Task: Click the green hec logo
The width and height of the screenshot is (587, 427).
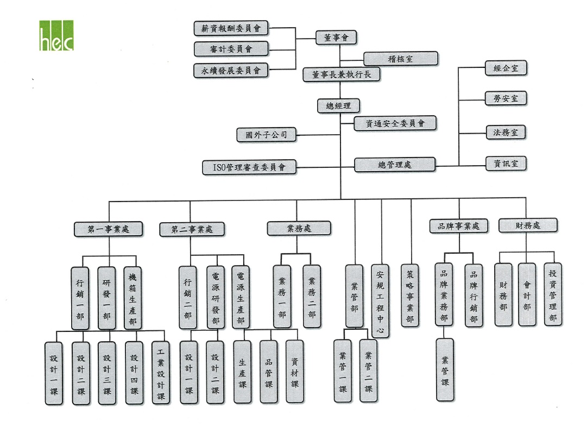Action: point(56,36)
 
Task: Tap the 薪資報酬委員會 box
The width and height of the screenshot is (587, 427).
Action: point(231,29)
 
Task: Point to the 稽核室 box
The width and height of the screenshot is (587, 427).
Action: point(401,59)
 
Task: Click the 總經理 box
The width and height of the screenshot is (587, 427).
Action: point(339,106)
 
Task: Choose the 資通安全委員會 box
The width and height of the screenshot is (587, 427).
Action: point(395,123)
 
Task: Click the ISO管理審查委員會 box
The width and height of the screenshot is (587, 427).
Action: point(250,167)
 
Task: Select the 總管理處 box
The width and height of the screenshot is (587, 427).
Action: point(395,164)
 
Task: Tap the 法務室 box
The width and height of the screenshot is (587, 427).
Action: point(506,131)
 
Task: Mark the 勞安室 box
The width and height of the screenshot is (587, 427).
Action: point(506,99)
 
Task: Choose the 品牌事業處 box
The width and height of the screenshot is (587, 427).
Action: point(458,226)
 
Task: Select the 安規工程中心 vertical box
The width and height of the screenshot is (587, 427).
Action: point(381,301)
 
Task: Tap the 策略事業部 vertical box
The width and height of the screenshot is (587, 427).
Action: point(410,296)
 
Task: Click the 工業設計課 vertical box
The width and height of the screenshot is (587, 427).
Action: point(161,372)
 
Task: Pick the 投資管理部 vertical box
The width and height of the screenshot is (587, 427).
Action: point(553,294)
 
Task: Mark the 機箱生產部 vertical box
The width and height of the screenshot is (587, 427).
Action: point(133,298)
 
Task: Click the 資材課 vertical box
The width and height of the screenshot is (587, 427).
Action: point(295,372)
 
